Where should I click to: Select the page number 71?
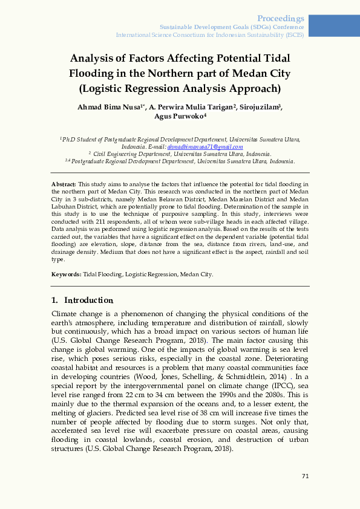click(306, 476)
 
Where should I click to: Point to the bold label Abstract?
click(64, 183)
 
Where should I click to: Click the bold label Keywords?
click(67, 274)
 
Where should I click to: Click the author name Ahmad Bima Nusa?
click(117, 107)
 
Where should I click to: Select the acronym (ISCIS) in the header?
click(295, 35)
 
